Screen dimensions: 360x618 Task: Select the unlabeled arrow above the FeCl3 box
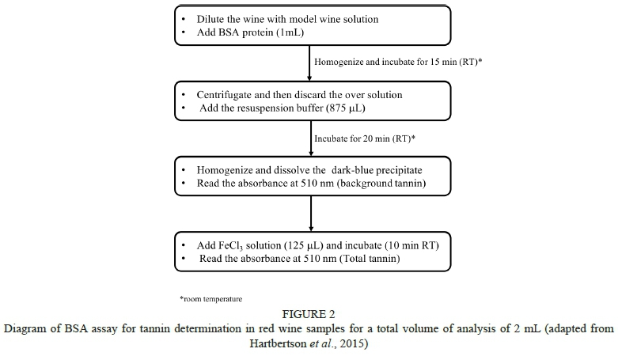click(x=310, y=212)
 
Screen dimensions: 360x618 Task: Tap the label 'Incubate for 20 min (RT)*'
click(x=365, y=138)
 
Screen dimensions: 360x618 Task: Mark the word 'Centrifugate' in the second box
click(x=229, y=94)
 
